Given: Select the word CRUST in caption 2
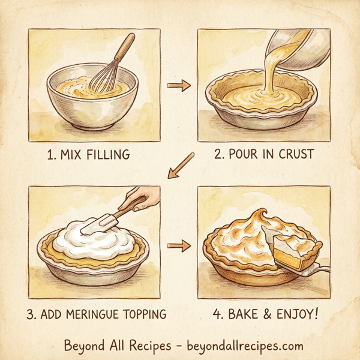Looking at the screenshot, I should tap(293, 154).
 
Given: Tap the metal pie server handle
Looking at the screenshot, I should tap(321, 270).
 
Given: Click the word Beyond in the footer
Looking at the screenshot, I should tap(84, 346).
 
